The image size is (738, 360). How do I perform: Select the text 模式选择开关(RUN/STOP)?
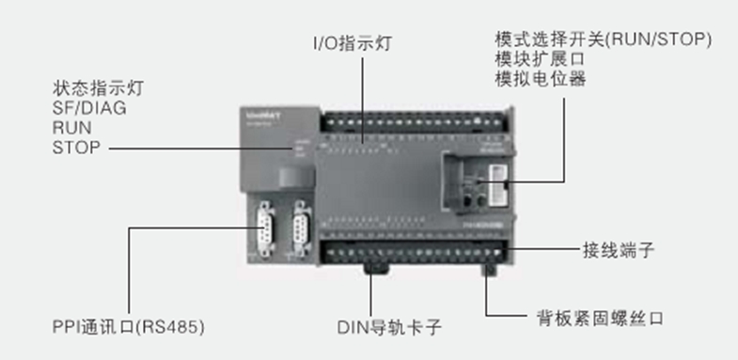pyautogui.click(x=603, y=39)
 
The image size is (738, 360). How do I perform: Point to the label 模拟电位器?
pyautogui.click(x=540, y=79)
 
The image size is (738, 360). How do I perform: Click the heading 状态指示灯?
pyautogui.click(x=100, y=89)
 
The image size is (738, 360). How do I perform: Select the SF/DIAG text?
pyautogui.click(x=89, y=108)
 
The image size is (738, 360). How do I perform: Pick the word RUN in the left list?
pyautogui.click(x=71, y=127)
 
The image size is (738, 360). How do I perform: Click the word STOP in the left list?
pyautogui.click(x=76, y=148)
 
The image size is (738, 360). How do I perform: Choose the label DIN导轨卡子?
pyautogui.click(x=388, y=327)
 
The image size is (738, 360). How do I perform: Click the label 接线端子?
pyautogui.click(x=618, y=252)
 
